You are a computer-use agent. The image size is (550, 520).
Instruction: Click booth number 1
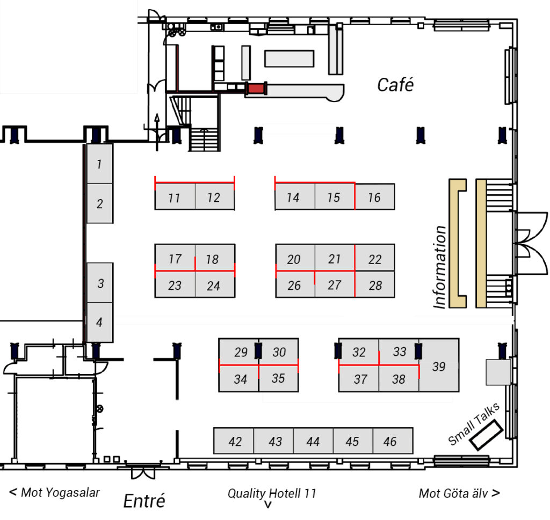click(99, 164)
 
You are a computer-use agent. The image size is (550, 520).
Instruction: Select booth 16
click(374, 197)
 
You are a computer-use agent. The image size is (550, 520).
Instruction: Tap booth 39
click(439, 366)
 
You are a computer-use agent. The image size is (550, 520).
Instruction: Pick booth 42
click(235, 441)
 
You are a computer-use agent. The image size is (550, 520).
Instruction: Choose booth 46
click(390, 441)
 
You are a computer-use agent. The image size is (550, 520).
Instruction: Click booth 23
click(175, 285)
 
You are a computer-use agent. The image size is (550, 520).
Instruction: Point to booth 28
click(375, 285)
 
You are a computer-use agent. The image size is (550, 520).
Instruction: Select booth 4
click(99, 323)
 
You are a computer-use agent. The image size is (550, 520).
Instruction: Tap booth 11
click(174, 197)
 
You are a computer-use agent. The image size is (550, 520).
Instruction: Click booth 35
click(278, 378)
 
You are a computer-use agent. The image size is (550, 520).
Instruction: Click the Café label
click(395, 84)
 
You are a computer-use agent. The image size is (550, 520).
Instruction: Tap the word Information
click(440, 267)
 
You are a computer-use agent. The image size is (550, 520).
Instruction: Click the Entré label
click(144, 501)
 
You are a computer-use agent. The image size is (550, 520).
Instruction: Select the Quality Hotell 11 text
click(272, 493)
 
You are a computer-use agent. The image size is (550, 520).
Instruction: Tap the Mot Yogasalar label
click(55, 492)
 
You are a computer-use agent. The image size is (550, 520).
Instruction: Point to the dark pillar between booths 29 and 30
click(258, 350)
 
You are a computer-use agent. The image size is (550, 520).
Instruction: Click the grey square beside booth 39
click(498, 372)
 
